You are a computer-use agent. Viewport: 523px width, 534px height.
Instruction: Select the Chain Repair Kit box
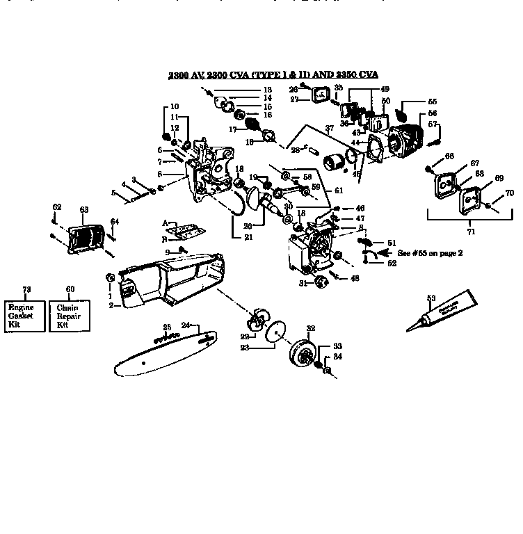pos(67,311)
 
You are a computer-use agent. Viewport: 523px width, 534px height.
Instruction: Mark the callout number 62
pos(57,207)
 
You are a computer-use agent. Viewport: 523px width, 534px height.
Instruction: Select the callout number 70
pos(509,193)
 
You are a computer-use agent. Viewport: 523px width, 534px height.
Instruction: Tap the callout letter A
pos(166,223)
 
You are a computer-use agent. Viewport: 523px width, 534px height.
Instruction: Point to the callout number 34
pos(338,357)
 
